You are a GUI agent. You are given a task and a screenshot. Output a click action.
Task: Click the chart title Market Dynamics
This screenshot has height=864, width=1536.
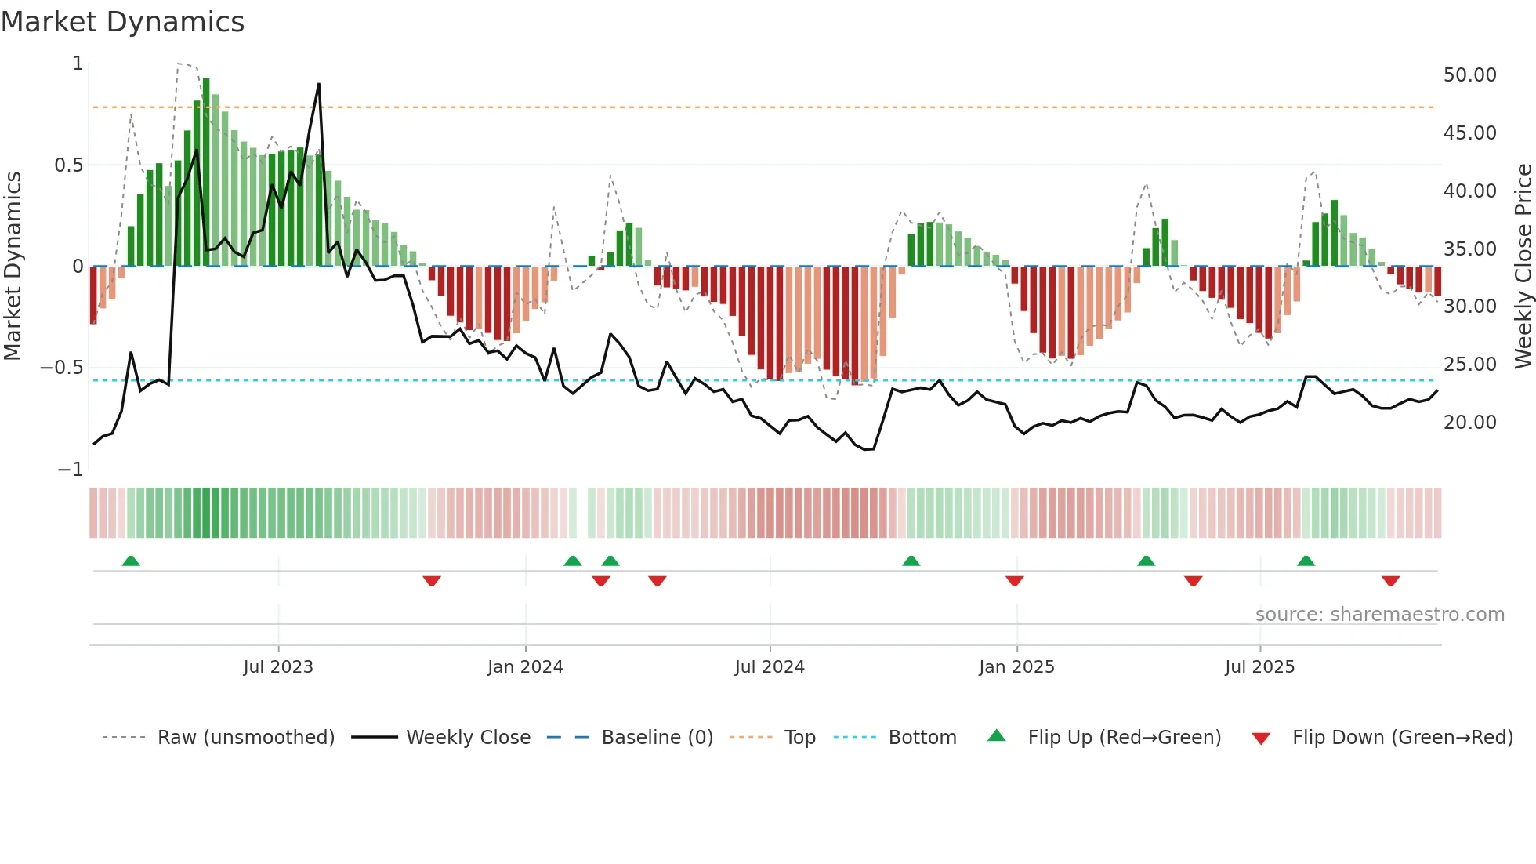pyautogui.click(x=122, y=22)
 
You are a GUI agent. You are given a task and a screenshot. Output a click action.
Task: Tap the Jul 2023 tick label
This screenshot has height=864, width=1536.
pyautogui.click(x=278, y=667)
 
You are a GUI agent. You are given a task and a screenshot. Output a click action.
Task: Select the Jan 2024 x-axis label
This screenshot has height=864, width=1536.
pyautogui.click(x=525, y=667)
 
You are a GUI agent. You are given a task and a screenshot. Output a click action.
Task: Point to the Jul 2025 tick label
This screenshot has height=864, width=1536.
pyautogui.click(x=1260, y=667)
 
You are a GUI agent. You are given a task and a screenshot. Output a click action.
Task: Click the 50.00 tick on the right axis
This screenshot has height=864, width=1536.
pyautogui.click(x=1469, y=75)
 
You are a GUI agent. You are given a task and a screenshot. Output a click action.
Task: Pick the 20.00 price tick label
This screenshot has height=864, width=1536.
pyautogui.click(x=1469, y=423)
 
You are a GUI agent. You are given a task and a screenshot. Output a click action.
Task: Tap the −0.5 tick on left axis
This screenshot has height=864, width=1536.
pyautogui.click(x=61, y=368)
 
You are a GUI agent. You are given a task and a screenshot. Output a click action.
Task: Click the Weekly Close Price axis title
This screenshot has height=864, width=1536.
pyautogui.click(x=1523, y=267)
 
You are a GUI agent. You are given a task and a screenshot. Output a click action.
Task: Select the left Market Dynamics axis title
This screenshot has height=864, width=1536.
pyautogui.click(x=13, y=267)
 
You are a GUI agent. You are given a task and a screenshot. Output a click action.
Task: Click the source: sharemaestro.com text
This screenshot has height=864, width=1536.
pyautogui.click(x=1379, y=615)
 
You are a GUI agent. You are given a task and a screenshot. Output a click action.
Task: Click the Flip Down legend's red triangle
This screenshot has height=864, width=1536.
pyautogui.click(x=1261, y=739)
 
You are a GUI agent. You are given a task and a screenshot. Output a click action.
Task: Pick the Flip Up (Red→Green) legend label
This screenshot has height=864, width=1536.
pyautogui.click(x=1124, y=738)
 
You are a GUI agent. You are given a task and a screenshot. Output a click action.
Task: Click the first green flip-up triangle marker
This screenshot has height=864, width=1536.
pyautogui.click(x=131, y=561)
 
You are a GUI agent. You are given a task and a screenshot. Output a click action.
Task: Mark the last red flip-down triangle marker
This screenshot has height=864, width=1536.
pyautogui.click(x=1390, y=581)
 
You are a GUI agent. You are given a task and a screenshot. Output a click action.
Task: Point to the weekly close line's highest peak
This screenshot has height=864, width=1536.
pyautogui.click(x=319, y=84)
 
